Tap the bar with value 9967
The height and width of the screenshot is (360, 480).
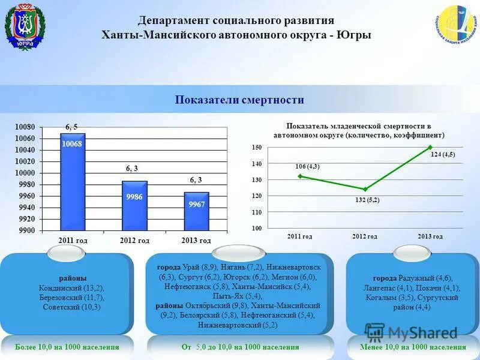(x=196, y=211)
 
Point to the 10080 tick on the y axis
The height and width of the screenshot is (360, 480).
(x=25, y=127)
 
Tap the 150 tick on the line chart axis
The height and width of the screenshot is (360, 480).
(x=257, y=148)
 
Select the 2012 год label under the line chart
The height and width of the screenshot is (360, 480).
(x=364, y=236)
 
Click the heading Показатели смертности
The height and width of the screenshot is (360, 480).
(x=239, y=100)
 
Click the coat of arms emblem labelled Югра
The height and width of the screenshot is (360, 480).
(x=25, y=27)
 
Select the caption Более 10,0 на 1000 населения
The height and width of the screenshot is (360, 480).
(x=67, y=347)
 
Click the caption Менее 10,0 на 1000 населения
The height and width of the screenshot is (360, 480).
(x=413, y=347)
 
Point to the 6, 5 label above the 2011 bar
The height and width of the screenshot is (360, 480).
(x=72, y=127)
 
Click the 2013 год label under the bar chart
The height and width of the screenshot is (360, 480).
(x=196, y=241)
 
